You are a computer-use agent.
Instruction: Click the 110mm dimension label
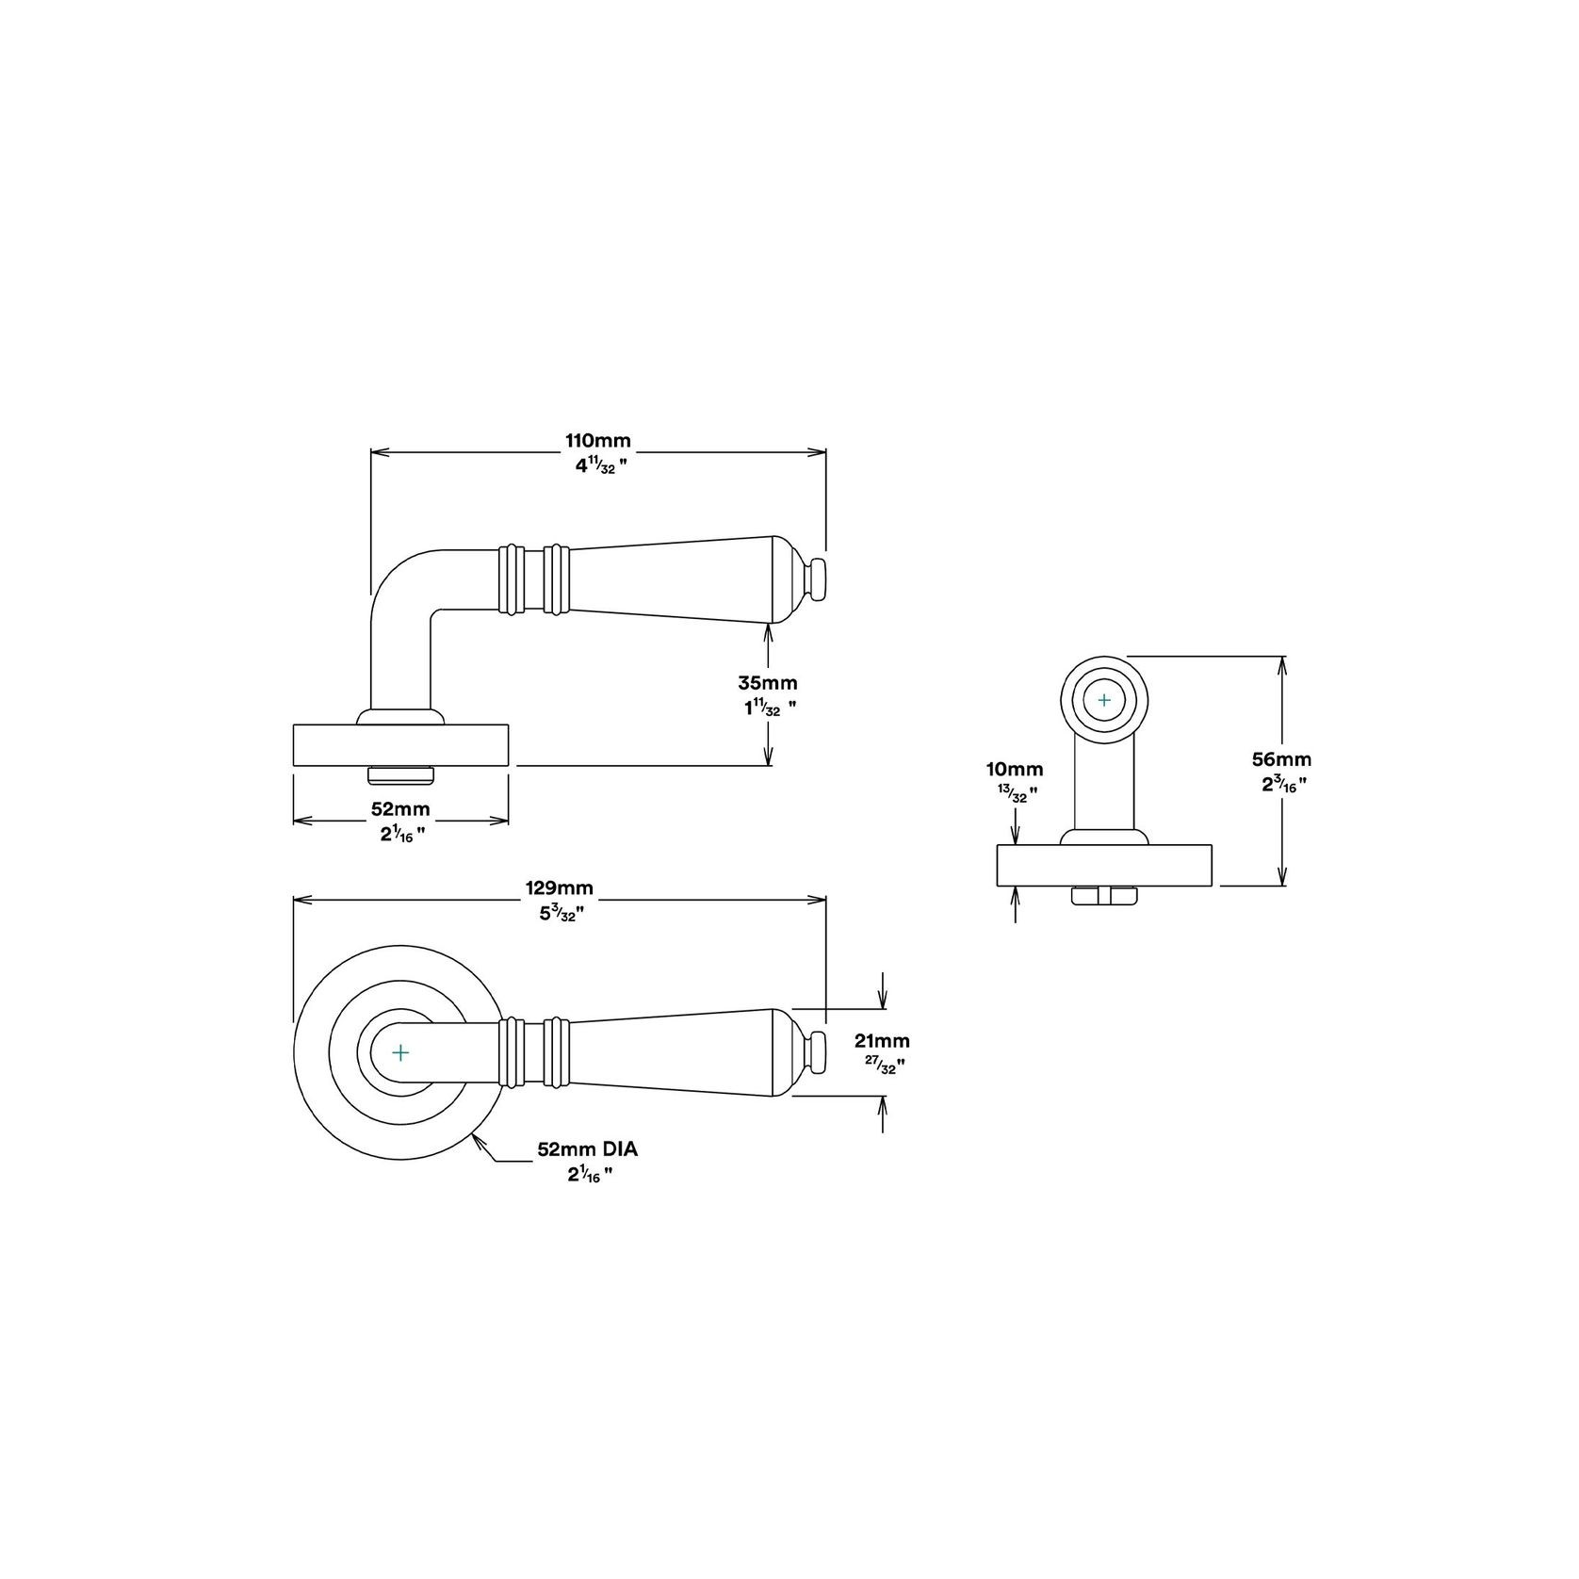(597, 441)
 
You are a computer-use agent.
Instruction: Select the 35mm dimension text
(767, 683)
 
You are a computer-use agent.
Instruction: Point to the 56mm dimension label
(1281, 759)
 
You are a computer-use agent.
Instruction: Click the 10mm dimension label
(1016, 771)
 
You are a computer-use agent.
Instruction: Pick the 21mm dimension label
(882, 1041)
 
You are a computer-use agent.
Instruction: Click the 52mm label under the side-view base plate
(400, 809)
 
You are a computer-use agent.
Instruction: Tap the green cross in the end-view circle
(1104, 701)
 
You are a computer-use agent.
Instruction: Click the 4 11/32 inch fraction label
(595, 466)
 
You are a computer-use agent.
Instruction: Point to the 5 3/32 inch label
(561, 912)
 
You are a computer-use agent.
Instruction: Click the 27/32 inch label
(885, 1066)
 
